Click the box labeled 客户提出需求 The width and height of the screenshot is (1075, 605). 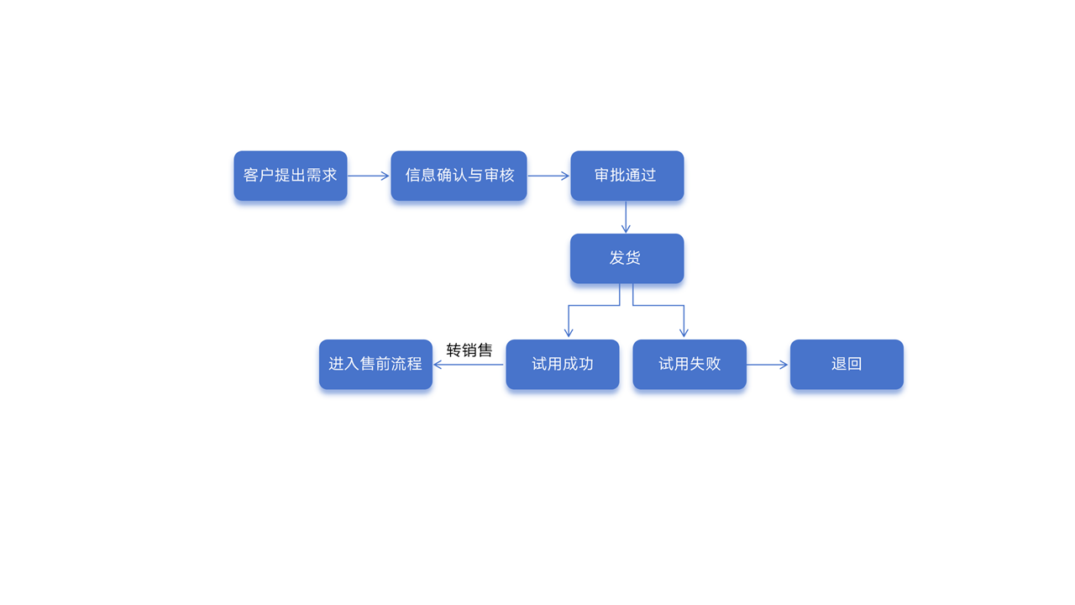pyautogui.click(x=290, y=176)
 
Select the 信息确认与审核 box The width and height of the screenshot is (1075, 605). pyautogui.click(x=459, y=176)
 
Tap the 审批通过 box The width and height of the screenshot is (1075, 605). pyautogui.click(x=627, y=176)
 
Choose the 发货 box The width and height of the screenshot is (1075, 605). pyautogui.click(x=627, y=258)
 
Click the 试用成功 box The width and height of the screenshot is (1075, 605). pyautogui.click(x=562, y=364)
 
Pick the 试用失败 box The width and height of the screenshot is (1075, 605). pyautogui.click(x=689, y=364)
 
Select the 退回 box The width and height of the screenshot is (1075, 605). pyautogui.click(x=847, y=364)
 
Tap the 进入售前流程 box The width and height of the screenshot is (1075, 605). pyautogui.click(x=375, y=364)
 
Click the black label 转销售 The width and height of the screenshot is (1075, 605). pyautogui.click(x=469, y=350)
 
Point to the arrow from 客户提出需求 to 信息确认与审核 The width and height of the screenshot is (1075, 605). pyautogui.click(x=368, y=176)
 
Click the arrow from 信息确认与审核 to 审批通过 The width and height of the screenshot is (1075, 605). pyautogui.click(x=548, y=176)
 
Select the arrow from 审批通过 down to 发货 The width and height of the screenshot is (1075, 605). pyautogui.click(x=626, y=217)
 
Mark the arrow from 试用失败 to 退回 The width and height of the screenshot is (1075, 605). pyautogui.click(x=767, y=365)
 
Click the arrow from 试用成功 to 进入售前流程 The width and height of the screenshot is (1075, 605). pyautogui.click(x=469, y=365)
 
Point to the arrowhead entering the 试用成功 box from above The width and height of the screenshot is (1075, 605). pyautogui.click(x=569, y=333)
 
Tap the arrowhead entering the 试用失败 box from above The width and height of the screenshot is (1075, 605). pyautogui.click(x=684, y=333)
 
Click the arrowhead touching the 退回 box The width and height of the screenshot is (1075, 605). pyautogui.click(x=784, y=365)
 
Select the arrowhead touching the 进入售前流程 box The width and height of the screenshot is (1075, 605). pyautogui.click(x=438, y=365)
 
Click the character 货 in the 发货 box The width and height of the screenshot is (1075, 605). pyautogui.click(x=634, y=258)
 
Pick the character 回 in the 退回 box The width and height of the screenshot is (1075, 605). pyautogui.click(x=855, y=364)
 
